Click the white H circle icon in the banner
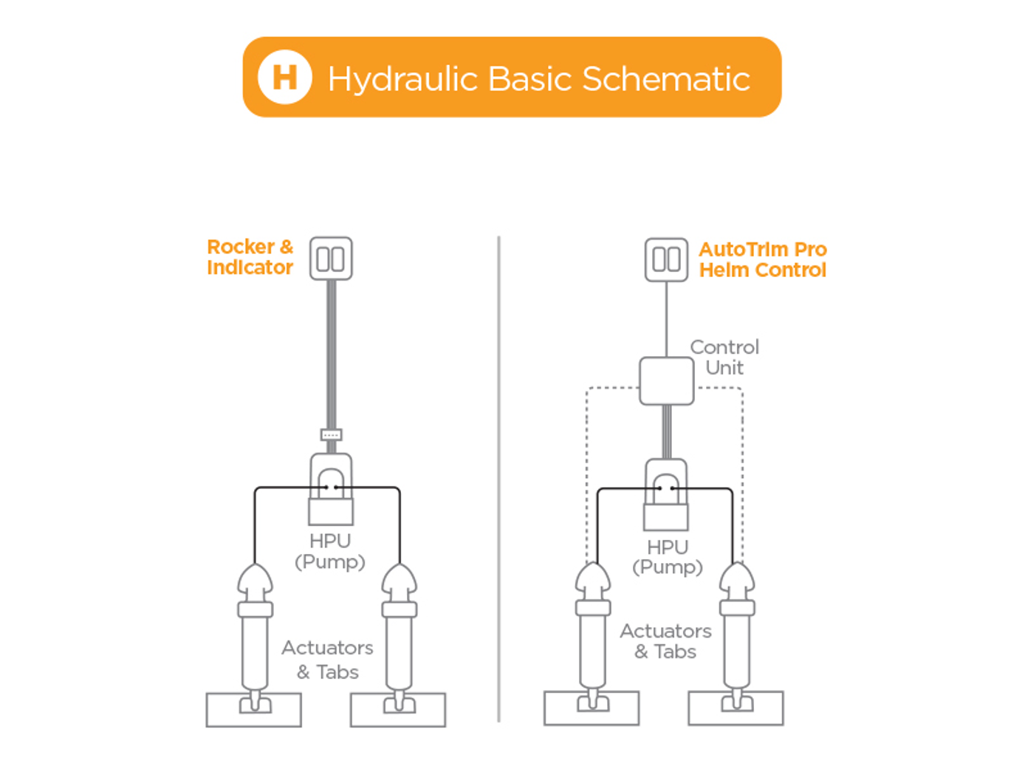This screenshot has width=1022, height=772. coord(284,77)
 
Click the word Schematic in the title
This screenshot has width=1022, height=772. coord(665,79)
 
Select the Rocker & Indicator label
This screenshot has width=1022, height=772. coord(250,257)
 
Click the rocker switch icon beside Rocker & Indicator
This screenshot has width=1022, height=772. coord(331,259)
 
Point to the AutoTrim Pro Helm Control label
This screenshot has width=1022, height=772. coord(763,259)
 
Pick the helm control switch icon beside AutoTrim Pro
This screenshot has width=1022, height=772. coord(666,259)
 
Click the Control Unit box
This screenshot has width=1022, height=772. coord(666,381)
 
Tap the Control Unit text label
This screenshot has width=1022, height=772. coord(724,358)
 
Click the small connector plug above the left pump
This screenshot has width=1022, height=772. coord(331,434)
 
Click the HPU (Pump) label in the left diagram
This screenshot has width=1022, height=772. coord(330,551)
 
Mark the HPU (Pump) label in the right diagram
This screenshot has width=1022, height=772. coord(668,557)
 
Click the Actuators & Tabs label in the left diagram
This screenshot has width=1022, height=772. coord(327,660)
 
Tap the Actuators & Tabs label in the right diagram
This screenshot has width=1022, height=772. coord(665,641)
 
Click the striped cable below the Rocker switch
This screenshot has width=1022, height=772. coord(331,355)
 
